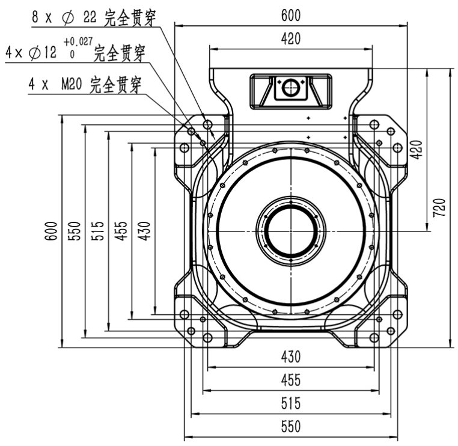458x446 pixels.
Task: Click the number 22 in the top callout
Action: [90, 17]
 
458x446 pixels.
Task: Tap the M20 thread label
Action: [72, 84]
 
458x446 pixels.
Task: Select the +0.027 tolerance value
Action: [78, 41]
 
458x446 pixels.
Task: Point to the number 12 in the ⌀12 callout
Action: [50, 52]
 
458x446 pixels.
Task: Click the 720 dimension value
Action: [439, 207]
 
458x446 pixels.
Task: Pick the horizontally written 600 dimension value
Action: [291, 16]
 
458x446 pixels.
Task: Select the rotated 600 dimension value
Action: [51, 231]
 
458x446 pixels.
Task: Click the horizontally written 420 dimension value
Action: [291, 39]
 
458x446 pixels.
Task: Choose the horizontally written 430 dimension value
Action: [291, 356]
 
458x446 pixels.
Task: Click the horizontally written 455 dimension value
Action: [291, 380]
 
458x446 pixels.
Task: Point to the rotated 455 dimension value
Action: [121, 231]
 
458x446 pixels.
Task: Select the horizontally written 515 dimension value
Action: [291, 403]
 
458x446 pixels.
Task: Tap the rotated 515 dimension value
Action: [97, 231]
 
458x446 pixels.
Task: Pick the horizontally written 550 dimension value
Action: [291, 427]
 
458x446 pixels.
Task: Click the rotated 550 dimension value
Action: [74, 231]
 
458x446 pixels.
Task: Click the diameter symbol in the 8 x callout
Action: [68, 18]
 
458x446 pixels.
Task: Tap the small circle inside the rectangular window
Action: [291, 87]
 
